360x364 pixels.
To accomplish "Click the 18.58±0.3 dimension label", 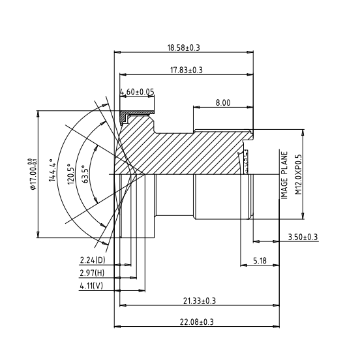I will point(183,48).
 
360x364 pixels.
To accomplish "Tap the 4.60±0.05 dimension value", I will point(137,92).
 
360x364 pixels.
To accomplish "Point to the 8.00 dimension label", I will point(222,102).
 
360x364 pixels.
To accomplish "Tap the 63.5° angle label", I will point(85,175).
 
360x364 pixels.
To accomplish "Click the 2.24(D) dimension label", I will point(93,261).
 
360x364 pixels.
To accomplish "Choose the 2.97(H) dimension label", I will point(93,273).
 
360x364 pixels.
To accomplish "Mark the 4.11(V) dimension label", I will point(92,286).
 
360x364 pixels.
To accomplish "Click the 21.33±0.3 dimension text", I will point(199,300).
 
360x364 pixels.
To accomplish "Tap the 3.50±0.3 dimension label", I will point(303,237).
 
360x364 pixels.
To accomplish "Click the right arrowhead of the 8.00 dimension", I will point(250,108).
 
